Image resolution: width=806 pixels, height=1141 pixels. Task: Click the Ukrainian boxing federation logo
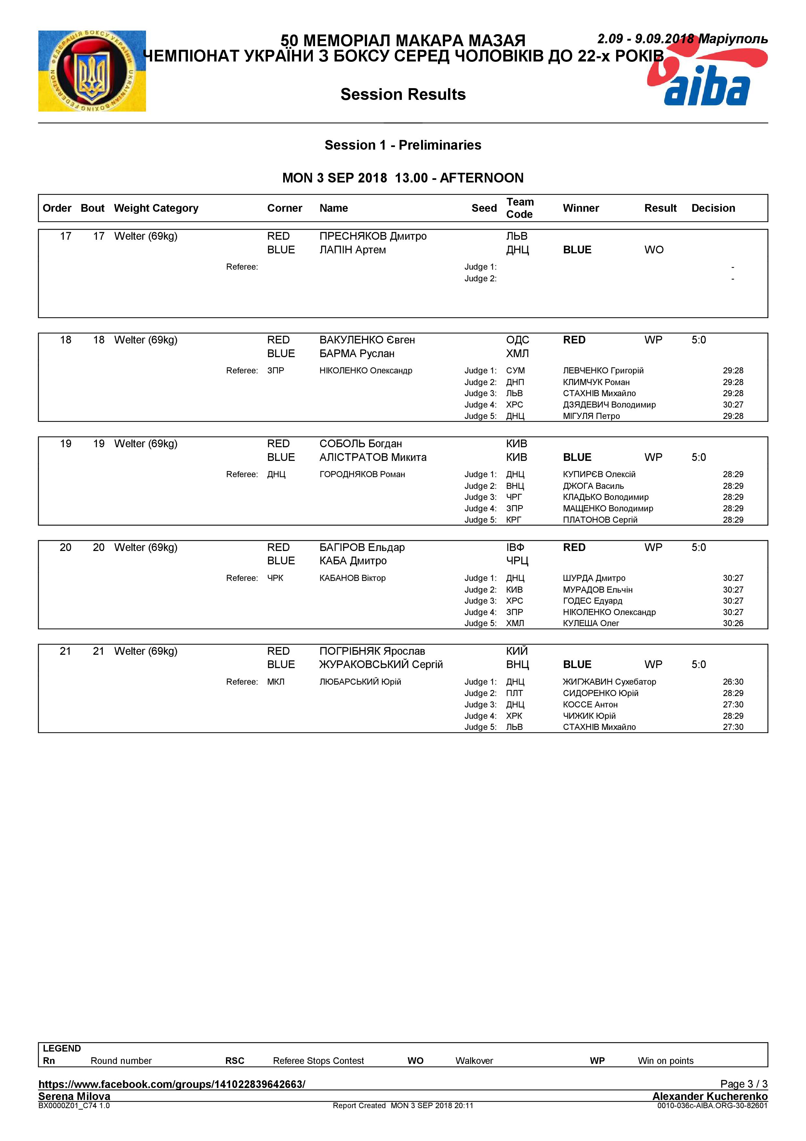(92, 71)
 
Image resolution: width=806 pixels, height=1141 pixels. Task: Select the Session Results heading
(403, 94)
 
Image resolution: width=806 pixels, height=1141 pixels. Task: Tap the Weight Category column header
(156, 208)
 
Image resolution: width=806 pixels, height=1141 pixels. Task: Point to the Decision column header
(713, 208)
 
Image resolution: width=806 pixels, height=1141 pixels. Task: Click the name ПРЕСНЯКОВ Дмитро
(373, 236)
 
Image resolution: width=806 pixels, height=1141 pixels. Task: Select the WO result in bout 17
(654, 250)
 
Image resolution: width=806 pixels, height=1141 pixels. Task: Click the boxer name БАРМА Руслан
(357, 354)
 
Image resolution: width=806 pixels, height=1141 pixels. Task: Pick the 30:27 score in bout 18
(733, 405)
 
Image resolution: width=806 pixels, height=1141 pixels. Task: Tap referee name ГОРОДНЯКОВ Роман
(362, 475)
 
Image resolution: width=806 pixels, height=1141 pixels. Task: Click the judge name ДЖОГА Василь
(593, 486)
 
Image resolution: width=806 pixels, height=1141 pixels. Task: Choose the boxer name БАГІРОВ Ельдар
(362, 548)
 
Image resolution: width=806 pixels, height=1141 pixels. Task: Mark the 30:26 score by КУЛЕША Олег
(733, 624)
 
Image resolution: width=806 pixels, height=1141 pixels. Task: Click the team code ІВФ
(515, 548)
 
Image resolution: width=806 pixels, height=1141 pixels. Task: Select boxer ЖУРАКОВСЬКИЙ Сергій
(381, 665)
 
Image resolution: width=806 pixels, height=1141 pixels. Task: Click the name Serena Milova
(74, 1096)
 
